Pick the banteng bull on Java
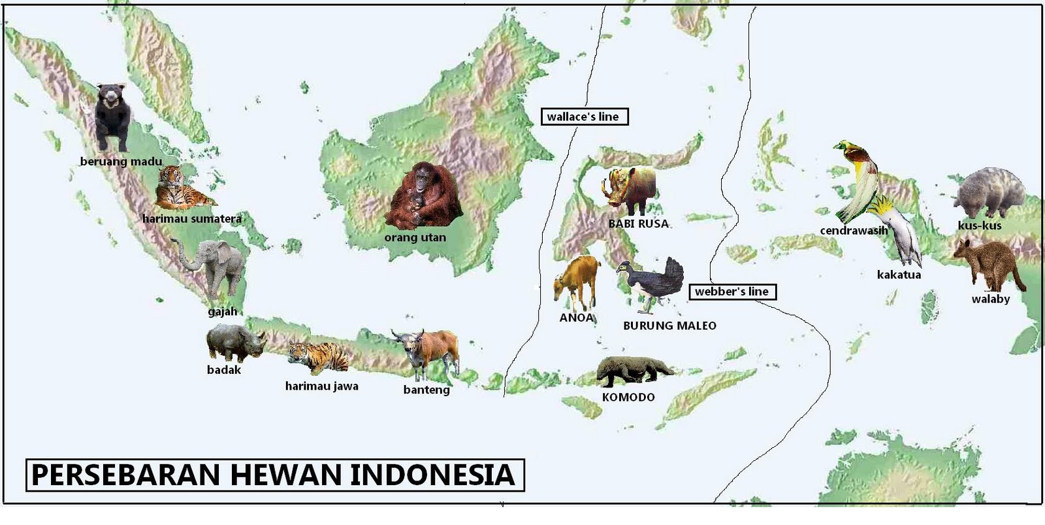point(428,353)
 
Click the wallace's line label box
point(584,117)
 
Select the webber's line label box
point(732,292)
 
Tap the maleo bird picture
point(653,282)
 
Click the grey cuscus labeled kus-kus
point(988,193)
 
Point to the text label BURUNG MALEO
point(669,326)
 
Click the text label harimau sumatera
point(192,219)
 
